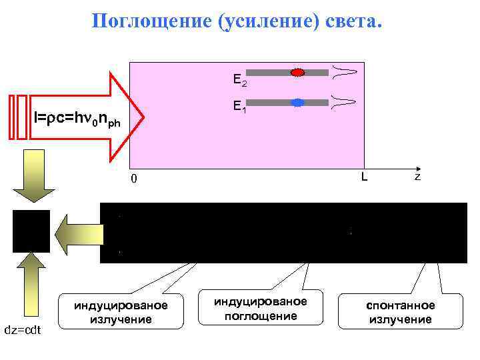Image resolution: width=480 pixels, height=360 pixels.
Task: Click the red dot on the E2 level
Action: pos(298,72)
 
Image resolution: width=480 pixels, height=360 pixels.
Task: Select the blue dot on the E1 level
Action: pos(298,103)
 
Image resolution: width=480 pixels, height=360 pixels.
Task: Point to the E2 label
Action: pos(240,80)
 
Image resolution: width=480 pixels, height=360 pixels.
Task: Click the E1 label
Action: pos(240,107)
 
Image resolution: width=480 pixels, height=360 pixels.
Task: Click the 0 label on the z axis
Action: pos(134,179)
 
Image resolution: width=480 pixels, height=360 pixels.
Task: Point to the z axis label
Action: pos(417,177)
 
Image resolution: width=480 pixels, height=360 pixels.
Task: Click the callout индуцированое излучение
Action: pos(121,312)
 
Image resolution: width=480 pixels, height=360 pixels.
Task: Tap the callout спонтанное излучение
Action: pos(401,312)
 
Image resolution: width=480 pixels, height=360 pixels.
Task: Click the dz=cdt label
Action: pos(23,331)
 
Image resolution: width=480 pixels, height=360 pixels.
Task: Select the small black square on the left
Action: pos(31,231)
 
